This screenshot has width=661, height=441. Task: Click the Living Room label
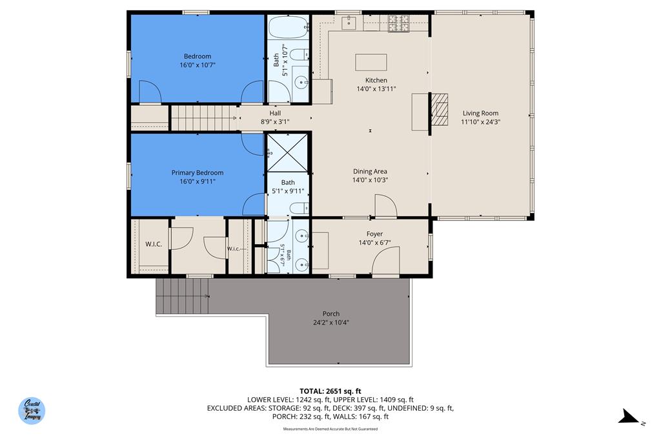click(480, 113)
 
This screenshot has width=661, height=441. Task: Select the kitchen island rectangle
click(371, 62)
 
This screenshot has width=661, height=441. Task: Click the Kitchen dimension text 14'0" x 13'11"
click(376, 89)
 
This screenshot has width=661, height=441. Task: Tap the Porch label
click(331, 314)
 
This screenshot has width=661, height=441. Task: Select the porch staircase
click(183, 296)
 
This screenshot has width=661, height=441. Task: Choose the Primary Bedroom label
click(198, 172)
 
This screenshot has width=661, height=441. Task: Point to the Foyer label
click(374, 234)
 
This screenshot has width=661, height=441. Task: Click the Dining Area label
click(370, 171)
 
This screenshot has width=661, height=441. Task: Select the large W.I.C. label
click(153, 244)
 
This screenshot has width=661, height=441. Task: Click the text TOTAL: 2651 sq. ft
click(330, 391)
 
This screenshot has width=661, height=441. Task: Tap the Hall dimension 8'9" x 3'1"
click(275, 121)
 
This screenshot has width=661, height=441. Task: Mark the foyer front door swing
click(385, 263)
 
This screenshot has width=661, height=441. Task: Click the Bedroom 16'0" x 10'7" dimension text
click(198, 65)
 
